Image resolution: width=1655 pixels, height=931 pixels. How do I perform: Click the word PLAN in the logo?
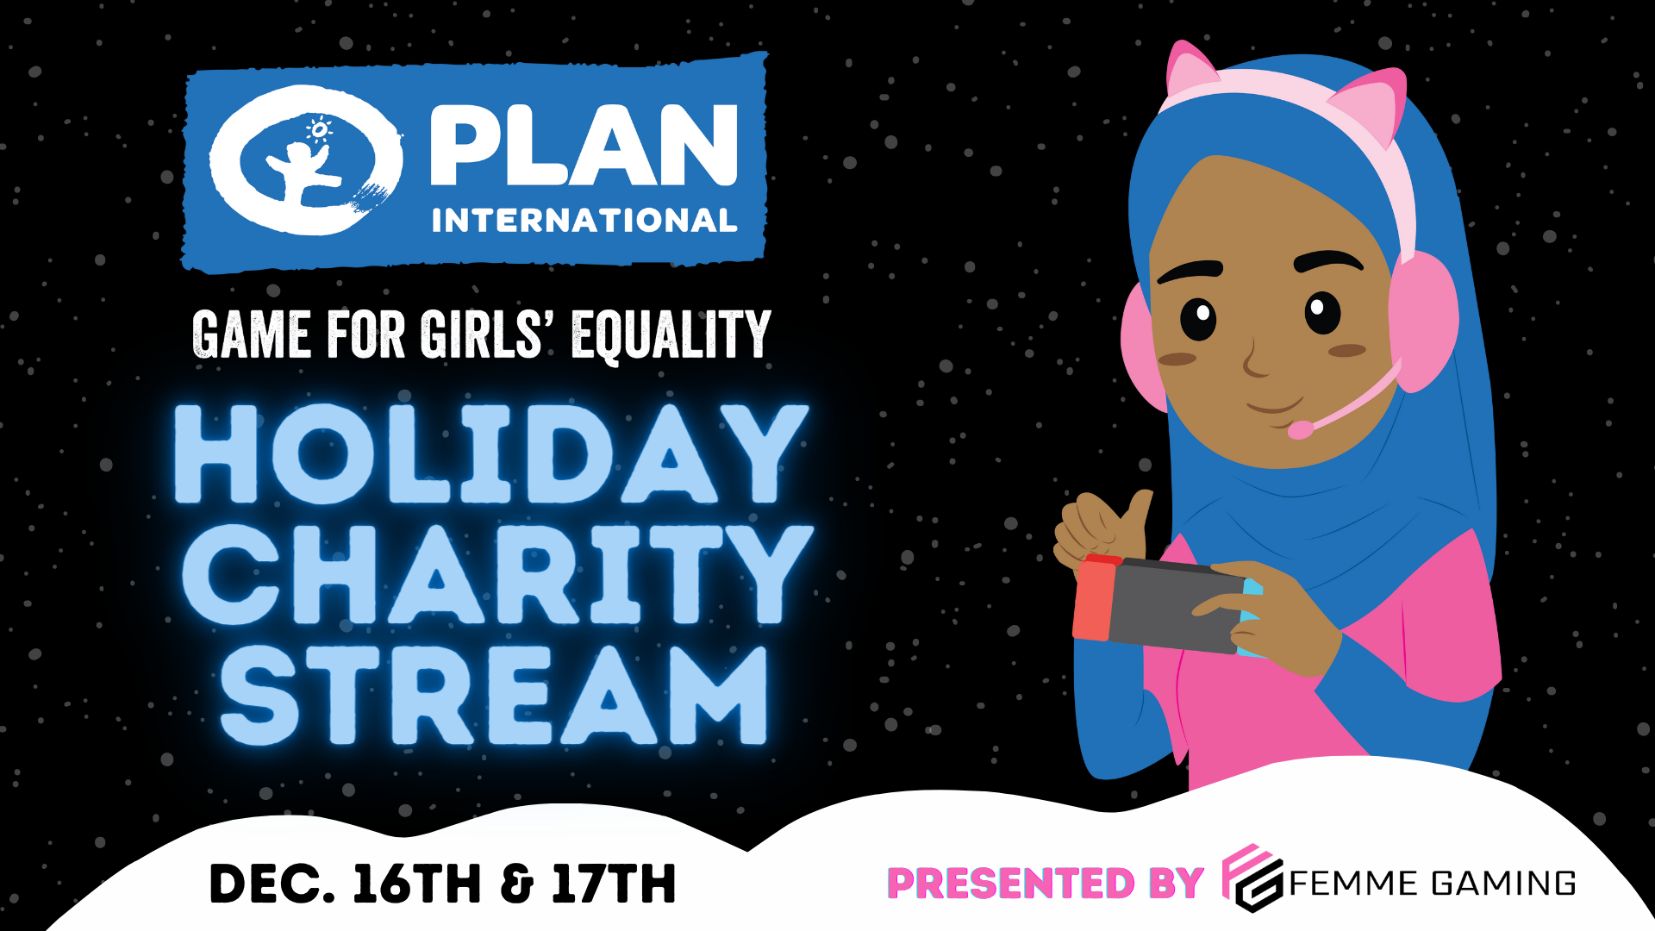584,145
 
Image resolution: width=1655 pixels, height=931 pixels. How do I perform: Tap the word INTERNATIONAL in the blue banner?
584,221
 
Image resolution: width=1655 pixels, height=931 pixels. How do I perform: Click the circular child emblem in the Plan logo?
306,160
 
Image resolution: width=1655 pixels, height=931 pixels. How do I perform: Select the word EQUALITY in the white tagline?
671,334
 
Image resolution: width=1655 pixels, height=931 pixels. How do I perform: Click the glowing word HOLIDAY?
490,454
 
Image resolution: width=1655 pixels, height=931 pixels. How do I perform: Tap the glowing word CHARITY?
497,575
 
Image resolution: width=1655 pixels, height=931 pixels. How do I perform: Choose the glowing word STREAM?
493,695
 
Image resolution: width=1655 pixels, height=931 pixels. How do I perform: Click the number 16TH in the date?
416,884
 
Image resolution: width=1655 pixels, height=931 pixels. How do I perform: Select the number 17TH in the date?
614,884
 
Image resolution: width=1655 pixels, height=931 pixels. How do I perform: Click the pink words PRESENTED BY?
1046,884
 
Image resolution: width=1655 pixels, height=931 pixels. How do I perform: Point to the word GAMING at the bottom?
1503,884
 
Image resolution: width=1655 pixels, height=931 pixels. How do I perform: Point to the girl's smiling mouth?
1274,404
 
